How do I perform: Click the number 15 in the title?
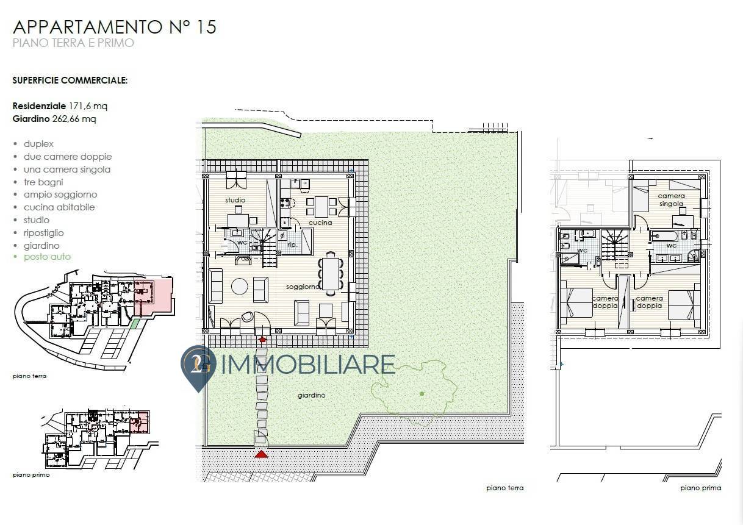pos(206,27)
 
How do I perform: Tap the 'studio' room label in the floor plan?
pos(235,200)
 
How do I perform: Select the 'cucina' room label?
pos(320,223)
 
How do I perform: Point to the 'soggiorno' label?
pos(303,287)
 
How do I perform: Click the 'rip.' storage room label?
pos(292,245)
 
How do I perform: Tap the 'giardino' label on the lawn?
pos(312,395)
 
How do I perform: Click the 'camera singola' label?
pos(671,199)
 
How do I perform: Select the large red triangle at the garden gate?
pos(261,454)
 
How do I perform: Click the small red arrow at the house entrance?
pos(262,339)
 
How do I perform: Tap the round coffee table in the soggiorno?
pos(240,286)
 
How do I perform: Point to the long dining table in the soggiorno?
pos(331,274)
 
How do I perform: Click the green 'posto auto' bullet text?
pos(47,257)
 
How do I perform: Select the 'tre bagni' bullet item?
pos(43,182)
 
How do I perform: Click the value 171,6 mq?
pos(88,106)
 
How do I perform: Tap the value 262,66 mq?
pos(74,119)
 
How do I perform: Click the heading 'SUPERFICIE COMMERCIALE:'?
pos(70,80)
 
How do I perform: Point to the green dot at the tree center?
pos(422,394)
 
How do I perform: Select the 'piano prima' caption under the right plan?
pos(700,488)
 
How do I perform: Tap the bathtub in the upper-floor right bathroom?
pos(664,236)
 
